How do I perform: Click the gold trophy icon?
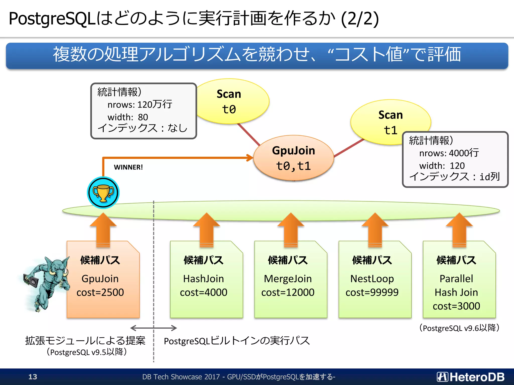[103, 192]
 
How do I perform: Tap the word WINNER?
[128, 167]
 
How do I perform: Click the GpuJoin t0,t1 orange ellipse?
[293, 158]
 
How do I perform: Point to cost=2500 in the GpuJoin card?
[100, 293]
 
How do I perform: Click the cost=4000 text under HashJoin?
[204, 293]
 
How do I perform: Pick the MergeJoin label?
[288, 279]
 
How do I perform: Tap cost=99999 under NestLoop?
[372, 293]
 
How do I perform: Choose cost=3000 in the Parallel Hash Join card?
[456, 306]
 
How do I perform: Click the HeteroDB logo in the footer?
[471, 377]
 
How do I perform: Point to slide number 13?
[33, 377]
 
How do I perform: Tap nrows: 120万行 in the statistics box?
[140, 104]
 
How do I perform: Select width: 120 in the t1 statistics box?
[442, 166]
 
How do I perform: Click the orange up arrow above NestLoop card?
[375, 229]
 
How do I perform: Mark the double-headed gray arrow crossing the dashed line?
[154, 328]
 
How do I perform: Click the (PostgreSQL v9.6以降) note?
[459, 328]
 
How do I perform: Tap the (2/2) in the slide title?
[360, 19]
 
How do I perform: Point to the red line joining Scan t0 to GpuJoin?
[248, 135]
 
